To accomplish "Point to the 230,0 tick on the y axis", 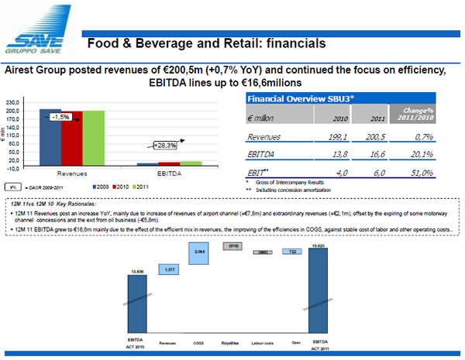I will point(13,101).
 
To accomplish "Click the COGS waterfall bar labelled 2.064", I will point(198,252).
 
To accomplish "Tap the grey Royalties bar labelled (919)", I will point(231,246).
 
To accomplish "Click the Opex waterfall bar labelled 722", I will point(292,252).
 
